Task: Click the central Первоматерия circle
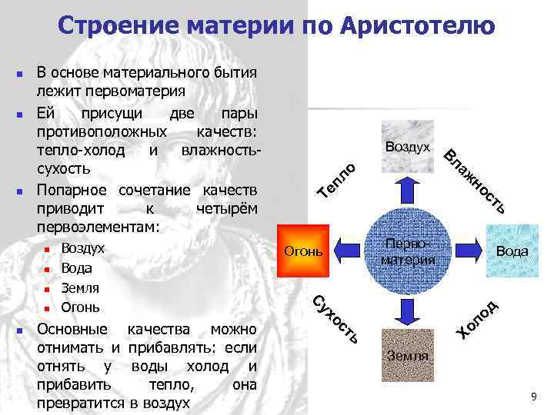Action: coord(407,251)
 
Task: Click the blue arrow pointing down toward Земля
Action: coord(407,310)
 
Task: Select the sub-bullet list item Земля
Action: coord(80,288)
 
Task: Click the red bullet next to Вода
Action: coord(47,270)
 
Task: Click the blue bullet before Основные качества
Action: coord(22,330)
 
